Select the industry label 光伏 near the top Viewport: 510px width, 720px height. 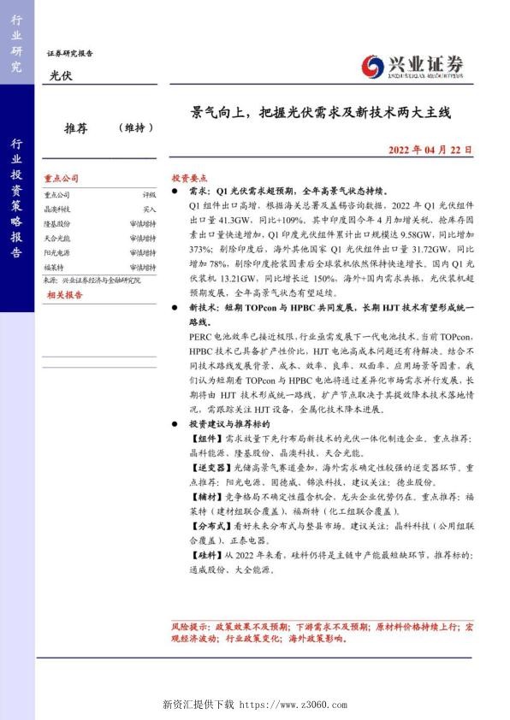point(59,77)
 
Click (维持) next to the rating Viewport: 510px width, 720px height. point(136,128)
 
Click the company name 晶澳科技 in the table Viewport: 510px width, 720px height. point(57,209)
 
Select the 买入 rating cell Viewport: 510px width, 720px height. point(149,209)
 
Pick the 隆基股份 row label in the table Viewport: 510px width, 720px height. point(57,222)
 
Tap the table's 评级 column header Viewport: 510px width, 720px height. point(149,195)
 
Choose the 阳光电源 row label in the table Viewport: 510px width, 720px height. point(57,251)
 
